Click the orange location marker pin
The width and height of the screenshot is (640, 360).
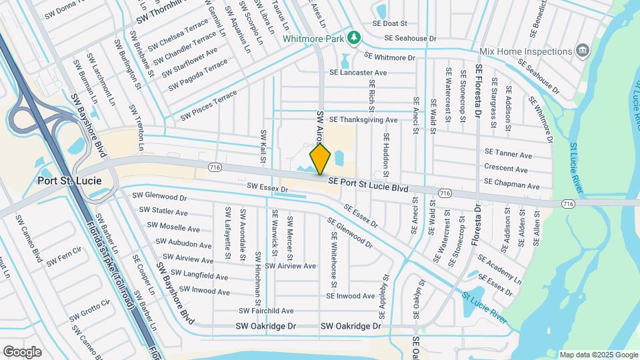click(321, 159)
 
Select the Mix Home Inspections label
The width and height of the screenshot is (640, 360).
click(527, 51)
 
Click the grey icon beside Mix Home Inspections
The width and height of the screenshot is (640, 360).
click(583, 51)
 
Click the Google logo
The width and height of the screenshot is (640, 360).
click(22, 351)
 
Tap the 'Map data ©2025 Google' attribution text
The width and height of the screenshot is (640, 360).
click(598, 355)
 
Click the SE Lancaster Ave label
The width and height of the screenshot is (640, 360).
click(358, 73)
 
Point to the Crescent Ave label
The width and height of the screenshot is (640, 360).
click(506, 169)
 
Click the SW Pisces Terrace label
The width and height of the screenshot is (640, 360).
click(209, 106)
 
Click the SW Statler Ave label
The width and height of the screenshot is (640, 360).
click(163, 212)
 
